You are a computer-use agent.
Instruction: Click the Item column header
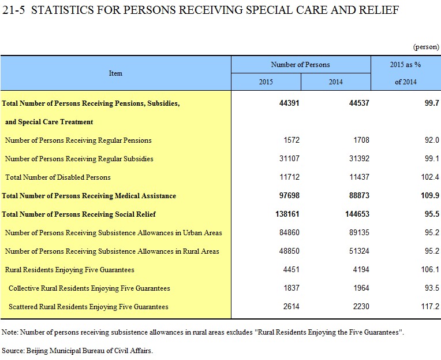[x=115, y=73]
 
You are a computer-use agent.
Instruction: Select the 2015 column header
[x=266, y=82]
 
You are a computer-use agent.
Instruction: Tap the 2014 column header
[x=336, y=82]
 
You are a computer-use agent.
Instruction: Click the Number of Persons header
[x=300, y=65]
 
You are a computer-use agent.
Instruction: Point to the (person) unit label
[x=426, y=47]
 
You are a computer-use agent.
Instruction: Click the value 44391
[x=289, y=103]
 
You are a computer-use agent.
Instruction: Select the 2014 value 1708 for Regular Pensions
[x=361, y=140]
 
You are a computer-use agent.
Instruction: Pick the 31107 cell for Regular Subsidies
[x=289, y=158]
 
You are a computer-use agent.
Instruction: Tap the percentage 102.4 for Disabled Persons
[x=430, y=177]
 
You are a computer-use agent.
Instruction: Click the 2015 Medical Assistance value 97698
[x=289, y=195]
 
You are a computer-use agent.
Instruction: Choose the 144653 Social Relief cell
[x=357, y=214]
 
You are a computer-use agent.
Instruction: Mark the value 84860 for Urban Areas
[x=289, y=232]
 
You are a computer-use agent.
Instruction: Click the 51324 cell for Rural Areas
[x=359, y=251]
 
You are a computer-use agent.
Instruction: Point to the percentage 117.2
[x=430, y=306]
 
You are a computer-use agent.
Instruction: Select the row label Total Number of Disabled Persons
[x=58, y=177]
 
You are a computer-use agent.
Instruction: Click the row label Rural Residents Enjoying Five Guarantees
[x=70, y=270]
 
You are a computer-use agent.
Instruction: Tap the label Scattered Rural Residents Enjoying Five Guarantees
[x=88, y=307]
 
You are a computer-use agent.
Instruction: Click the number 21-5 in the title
[x=13, y=10]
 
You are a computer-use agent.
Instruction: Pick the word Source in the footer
[x=13, y=351]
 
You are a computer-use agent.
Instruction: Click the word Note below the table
[x=10, y=332]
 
